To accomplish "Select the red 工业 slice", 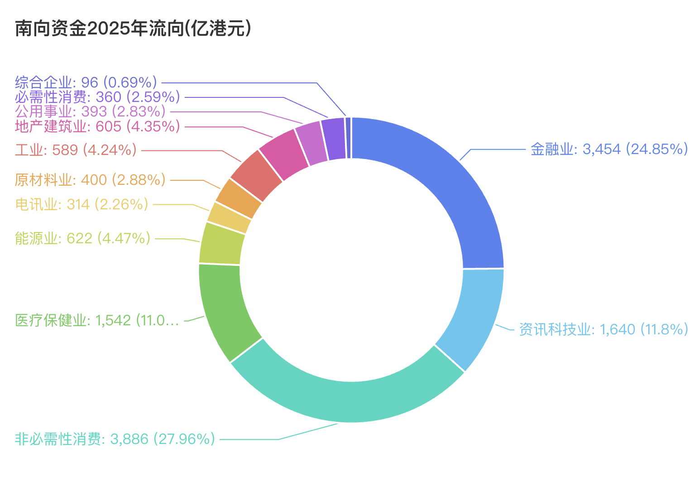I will (x=256, y=176).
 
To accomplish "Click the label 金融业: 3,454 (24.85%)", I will (x=609, y=149).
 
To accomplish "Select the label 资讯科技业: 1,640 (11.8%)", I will (x=603, y=329).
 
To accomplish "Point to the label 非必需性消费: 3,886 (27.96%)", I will (x=115, y=439).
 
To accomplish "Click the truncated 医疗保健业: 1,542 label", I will (x=97, y=321).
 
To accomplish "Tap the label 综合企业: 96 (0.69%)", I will (x=86, y=82).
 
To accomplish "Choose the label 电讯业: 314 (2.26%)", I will (x=81, y=204).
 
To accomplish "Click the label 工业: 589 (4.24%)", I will (x=76, y=150).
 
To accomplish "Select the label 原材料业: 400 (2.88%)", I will (x=90, y=180).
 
